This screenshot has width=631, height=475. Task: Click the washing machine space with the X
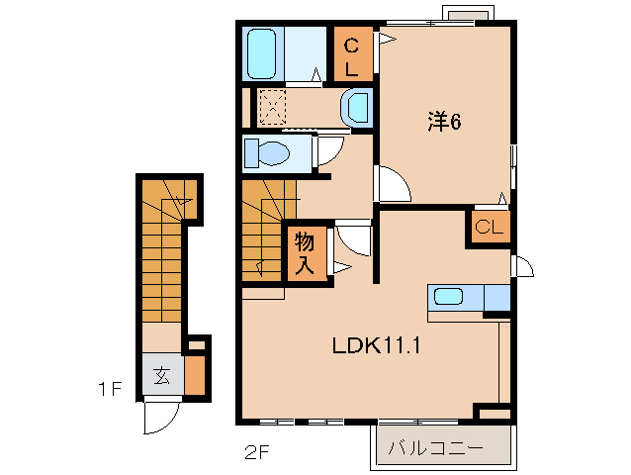(271, 105)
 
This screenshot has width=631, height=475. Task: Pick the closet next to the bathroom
(352, 55)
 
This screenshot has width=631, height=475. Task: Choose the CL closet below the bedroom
(489, 228)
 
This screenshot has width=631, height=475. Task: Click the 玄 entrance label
(161, 375)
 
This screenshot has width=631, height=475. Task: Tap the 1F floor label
(109, 390)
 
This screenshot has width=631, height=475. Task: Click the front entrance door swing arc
(158, 419)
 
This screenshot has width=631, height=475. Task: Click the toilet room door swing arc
(329, 148)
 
